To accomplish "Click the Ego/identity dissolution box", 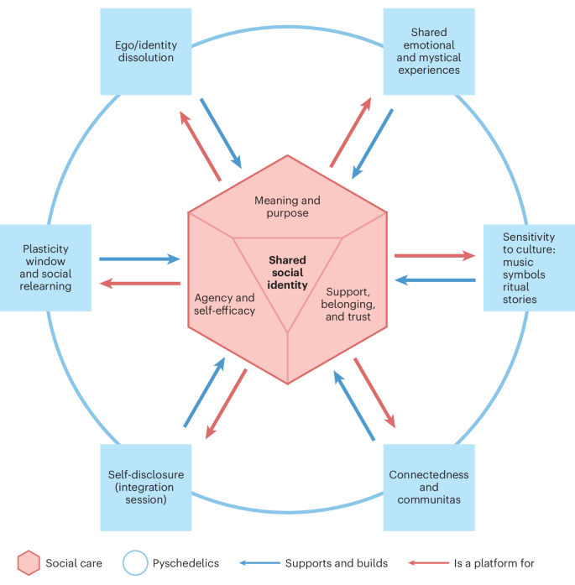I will pos(145,51).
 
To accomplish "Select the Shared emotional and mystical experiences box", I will pos(429,51).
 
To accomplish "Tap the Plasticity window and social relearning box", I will pos(45,268).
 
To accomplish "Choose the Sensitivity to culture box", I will pos(529,268).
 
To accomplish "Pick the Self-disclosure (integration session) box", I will pos(145,487).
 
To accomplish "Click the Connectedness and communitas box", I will pos(429,487).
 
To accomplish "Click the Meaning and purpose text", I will pos(288,206).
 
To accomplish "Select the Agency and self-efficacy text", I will pos(225,304).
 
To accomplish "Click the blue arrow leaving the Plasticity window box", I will pos(139,259).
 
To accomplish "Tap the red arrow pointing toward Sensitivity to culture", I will pos(434,256).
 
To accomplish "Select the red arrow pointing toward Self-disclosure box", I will pos(226,403).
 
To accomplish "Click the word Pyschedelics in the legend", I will pos(184,563).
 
